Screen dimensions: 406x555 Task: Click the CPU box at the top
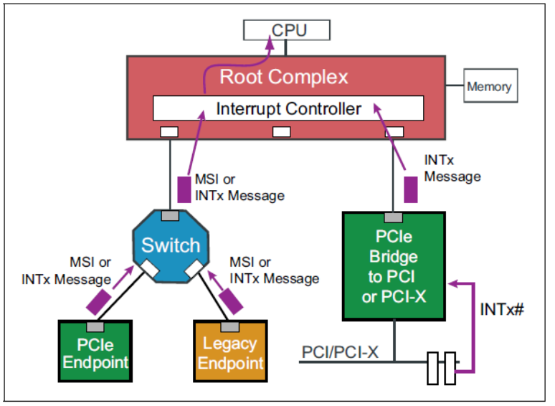pyautogui.click(x=287, y=30)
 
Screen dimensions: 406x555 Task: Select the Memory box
pyautogui.click(x=489, y=87)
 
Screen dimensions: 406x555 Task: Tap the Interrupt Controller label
pyautogui.click(x=288, y=109)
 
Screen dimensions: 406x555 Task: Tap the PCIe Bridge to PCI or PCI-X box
pyautogui.click(x=394, y=265)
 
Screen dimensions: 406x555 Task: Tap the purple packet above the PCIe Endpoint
pyautogui.click(x=99, y=301)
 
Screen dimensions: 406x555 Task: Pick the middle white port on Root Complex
pyautogui.click(x=281, y=131)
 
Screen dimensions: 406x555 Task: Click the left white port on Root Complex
pyautogui.click(x=169, y=131)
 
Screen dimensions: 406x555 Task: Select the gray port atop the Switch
pyautogui.click(x=170, y=216)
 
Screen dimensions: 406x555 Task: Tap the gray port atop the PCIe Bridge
pyautogui.click(x=394, y=217)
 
